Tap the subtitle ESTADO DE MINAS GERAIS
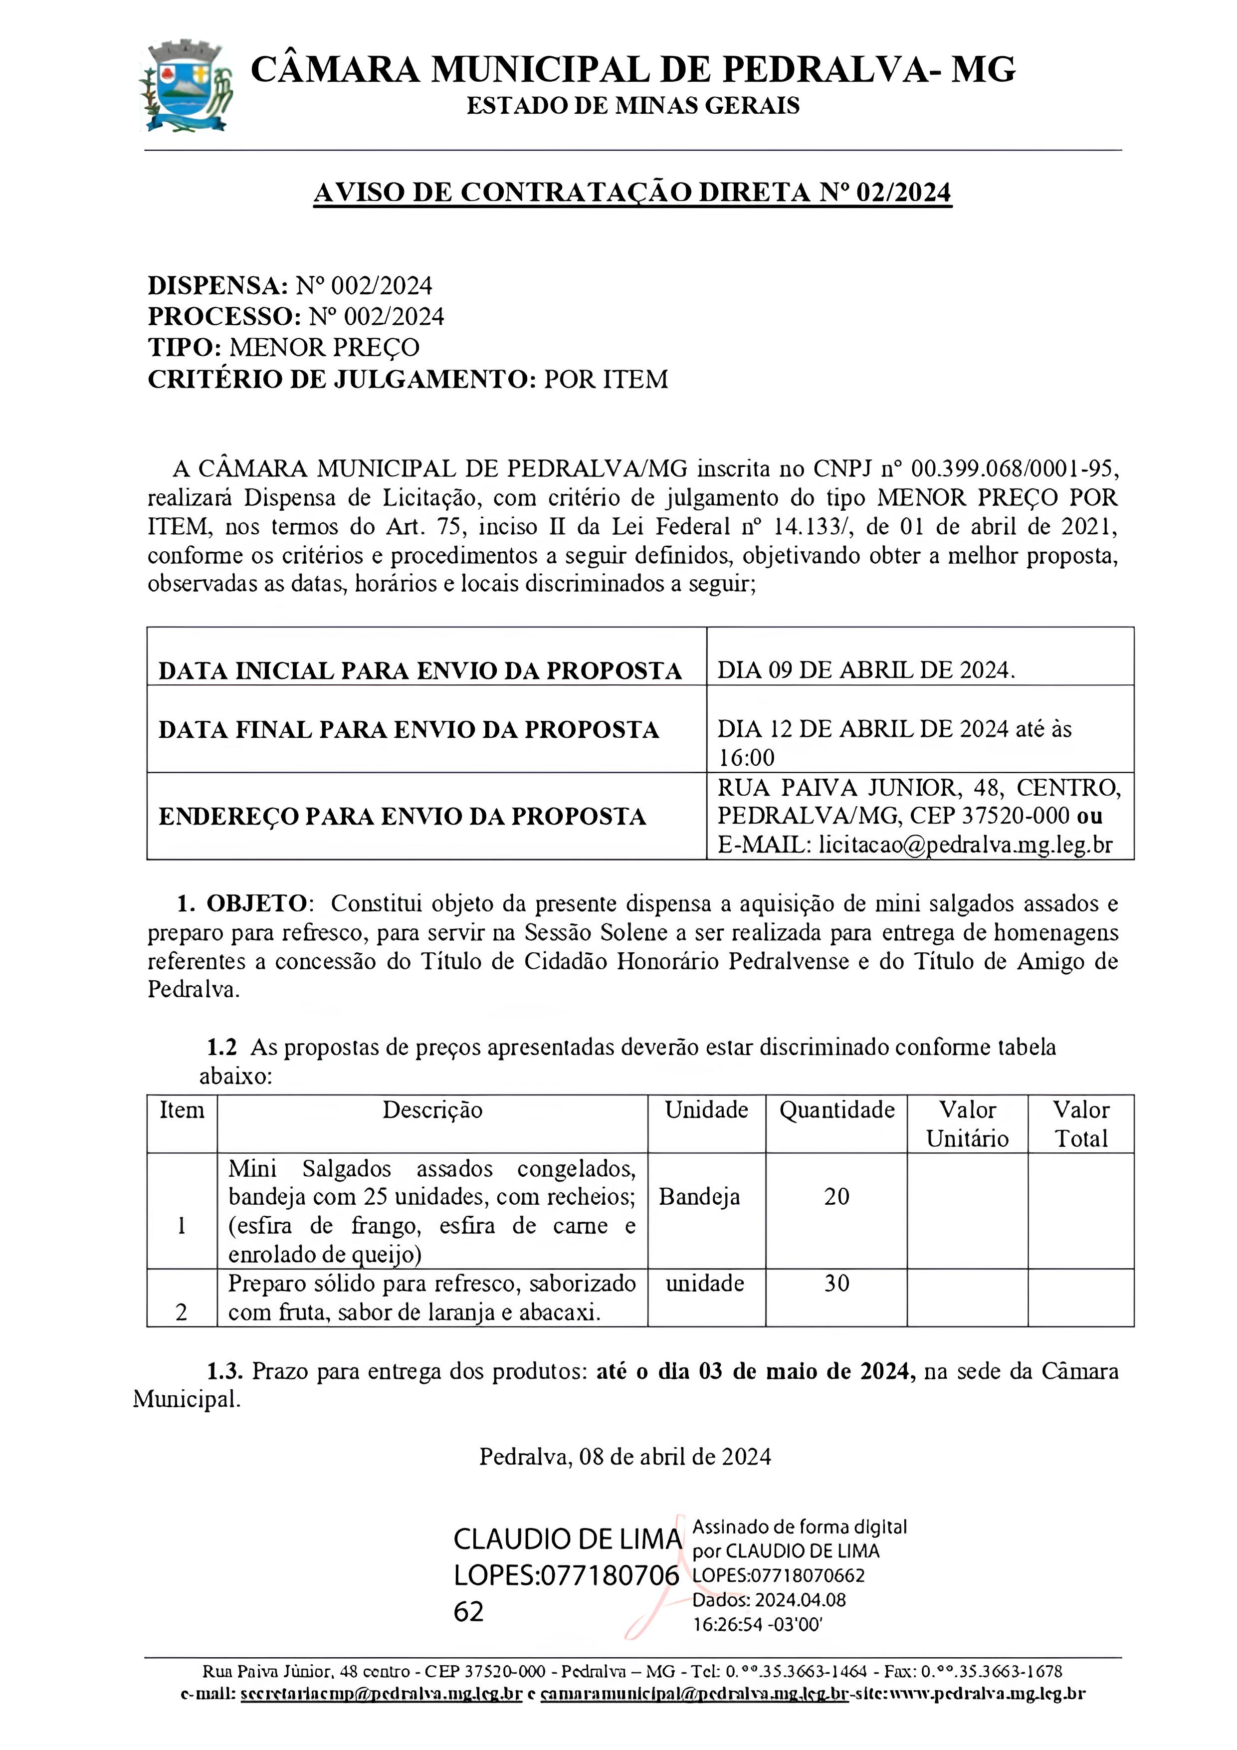click(x=632, y=106)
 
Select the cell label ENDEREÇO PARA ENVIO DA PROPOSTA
click(x=402, y=816)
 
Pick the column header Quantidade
click(x=836, y=1110)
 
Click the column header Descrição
click(x=432, y=1110)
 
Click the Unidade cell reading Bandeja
click(x=699, y=1197)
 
